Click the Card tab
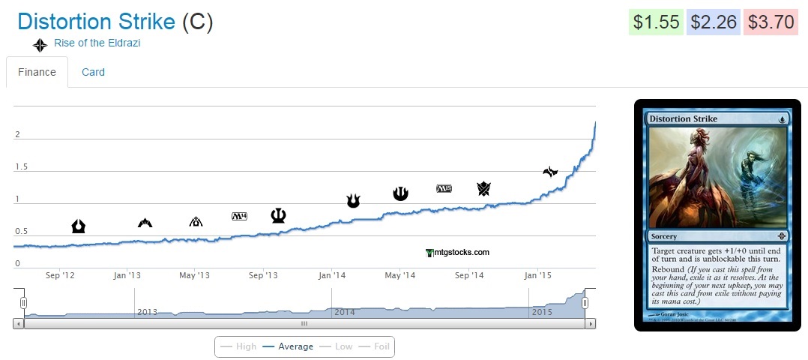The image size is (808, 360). tap(93, 72)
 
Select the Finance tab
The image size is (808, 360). tap(37, 72)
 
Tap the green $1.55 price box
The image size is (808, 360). tap(655, 22)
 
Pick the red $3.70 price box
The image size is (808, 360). tap(770, 22)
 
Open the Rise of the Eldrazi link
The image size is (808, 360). tap(97, 43)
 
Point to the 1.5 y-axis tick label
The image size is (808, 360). tap(22, 166)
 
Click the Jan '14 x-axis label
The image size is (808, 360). tap(332, 276)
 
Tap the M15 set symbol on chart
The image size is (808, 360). tap(444, 188)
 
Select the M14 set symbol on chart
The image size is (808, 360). tap(240, 217)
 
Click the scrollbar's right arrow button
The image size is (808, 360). tap(591, 324)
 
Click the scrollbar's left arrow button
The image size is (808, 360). tap(18, 324)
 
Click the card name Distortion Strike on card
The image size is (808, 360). tap(683, 118)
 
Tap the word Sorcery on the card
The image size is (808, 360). tap(665, 235)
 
